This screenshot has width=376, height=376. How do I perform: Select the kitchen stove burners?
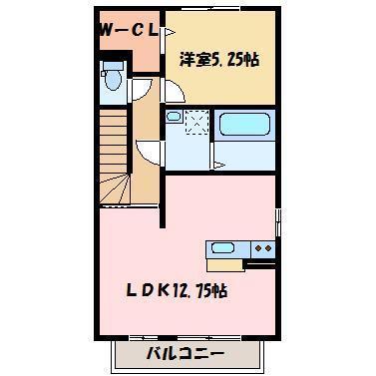click(x=262, y=248)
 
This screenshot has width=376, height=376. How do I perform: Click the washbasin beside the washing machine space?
click(x=175, y=119)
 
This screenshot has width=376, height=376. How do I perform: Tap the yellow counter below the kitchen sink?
click(x=223, y=263)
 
